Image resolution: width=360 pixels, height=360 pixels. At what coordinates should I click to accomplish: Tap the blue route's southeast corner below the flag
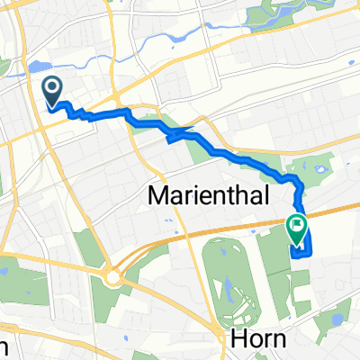tap(310, 253)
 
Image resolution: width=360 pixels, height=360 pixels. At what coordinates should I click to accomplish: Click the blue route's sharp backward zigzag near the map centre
tap(171, 136)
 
